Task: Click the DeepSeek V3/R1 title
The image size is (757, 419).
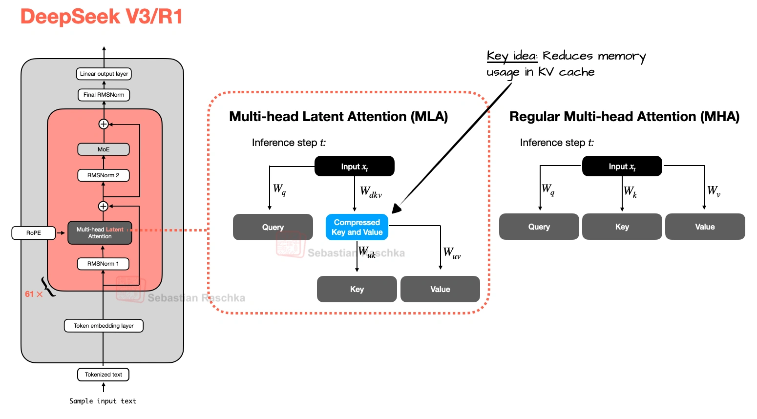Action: click(x=101, y=17)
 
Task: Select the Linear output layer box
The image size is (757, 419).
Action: click(x=104, y=74)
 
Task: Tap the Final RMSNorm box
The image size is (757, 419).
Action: click(x=104, y=95)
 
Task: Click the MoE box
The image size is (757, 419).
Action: click(x=104, y=149)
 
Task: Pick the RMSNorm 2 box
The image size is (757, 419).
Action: click(x=103, y=175)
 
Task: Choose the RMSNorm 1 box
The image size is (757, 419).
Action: click(x=103, y=264)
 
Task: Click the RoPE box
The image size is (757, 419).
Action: click(x=34, y=233)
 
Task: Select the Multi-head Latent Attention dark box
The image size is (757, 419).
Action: click(x=100, y=233)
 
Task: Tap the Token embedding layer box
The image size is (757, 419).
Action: click(x=104, y=326)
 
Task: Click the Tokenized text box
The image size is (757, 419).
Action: click(x=103, y=375)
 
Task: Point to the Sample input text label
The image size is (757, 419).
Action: click(x=103, y=401)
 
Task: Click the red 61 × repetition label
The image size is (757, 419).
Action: click(x=34, y=294)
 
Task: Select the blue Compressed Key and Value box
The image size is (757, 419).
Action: click(x=357, y=227)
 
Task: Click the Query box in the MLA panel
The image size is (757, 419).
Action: click(x=273, y=227)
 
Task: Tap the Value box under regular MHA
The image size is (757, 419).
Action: click(x=705, y=227)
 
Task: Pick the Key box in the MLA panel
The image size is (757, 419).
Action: click(x=357, y=289)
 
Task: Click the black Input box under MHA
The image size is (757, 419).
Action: click(x=622, y=167)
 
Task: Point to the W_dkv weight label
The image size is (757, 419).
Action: click(x=371, y=192)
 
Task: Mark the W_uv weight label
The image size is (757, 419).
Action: click(x=452, y=253)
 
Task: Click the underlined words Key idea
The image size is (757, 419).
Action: click(x=511, y=56)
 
